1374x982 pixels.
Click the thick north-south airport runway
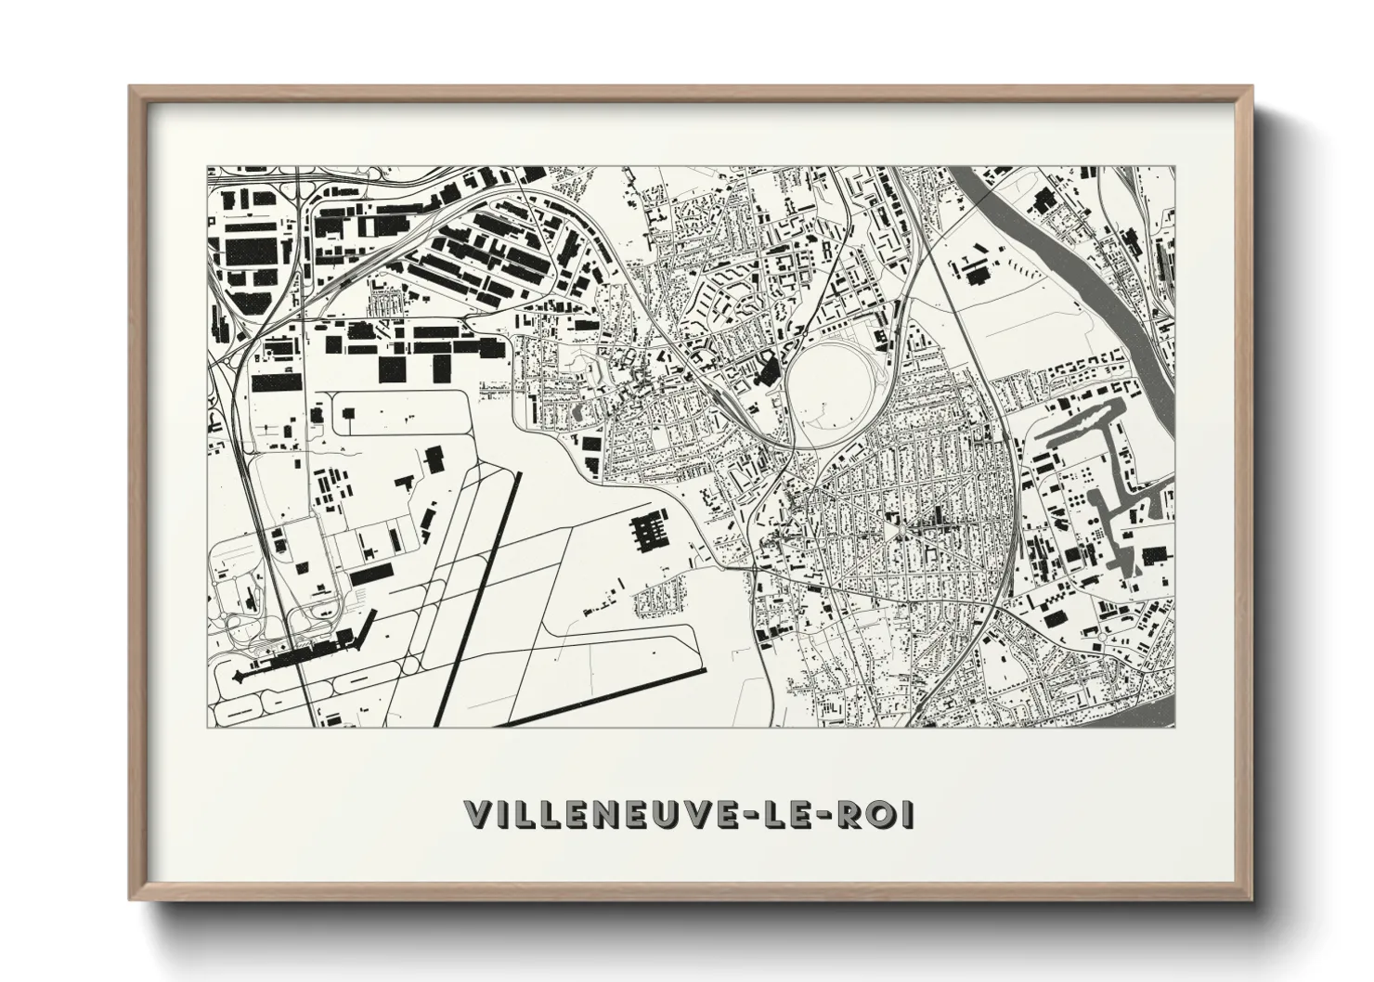pos(485,594)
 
